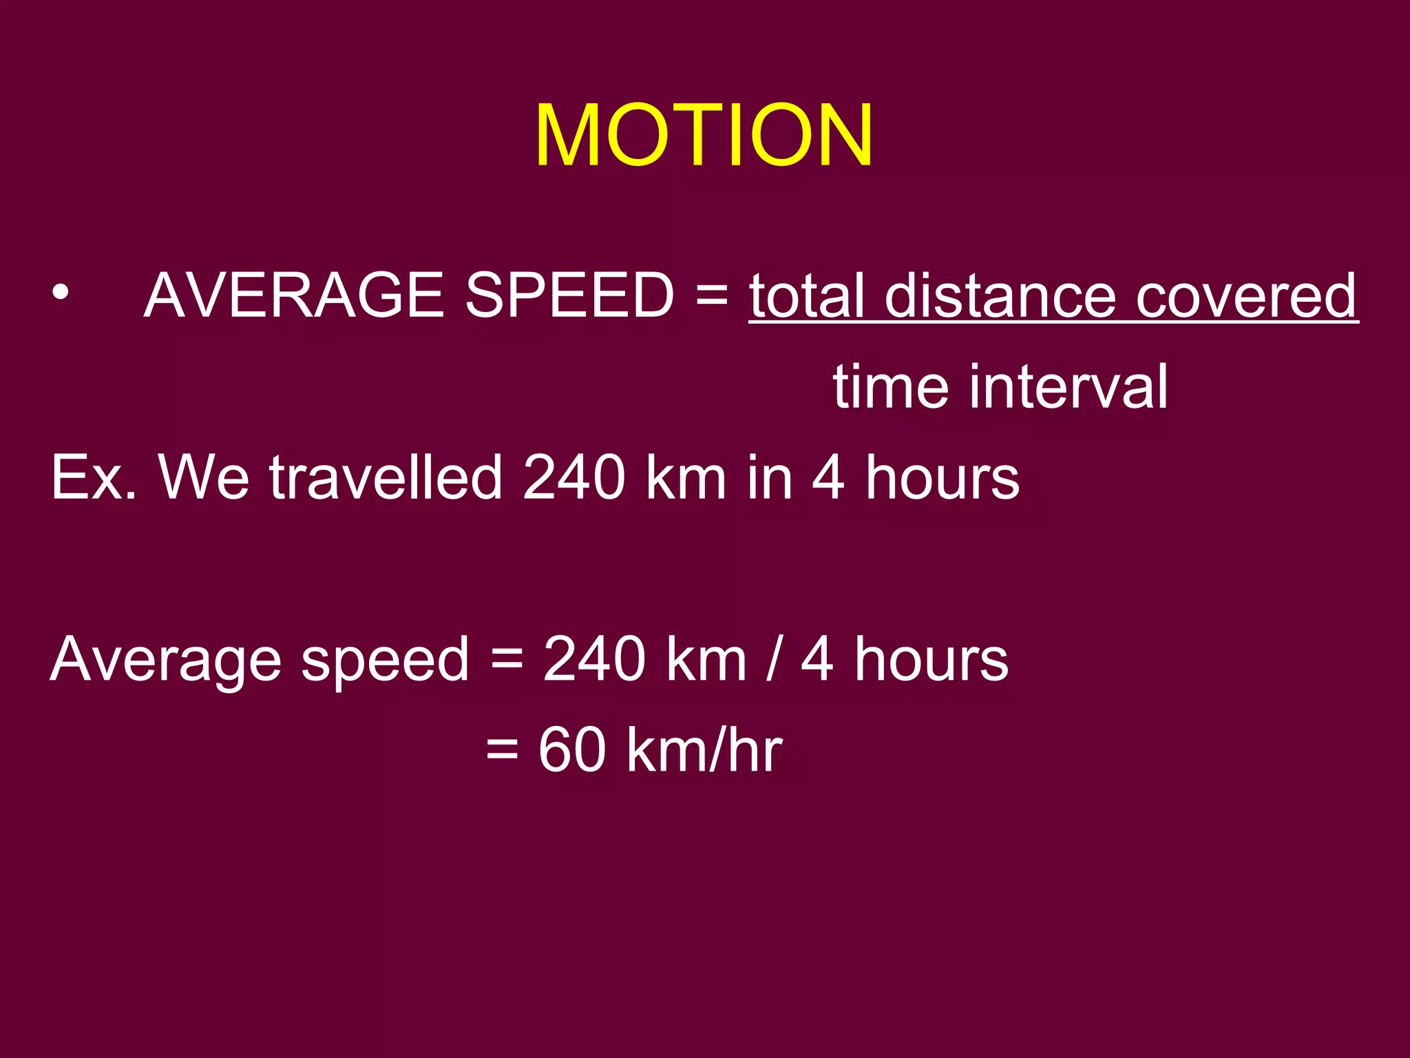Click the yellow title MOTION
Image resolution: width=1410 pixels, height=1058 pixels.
pos(704,135)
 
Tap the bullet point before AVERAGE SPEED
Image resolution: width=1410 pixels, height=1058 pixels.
pos(61,294)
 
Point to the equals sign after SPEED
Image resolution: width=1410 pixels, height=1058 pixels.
pos(711,295)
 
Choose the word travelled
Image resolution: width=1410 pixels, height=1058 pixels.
pos(386,477)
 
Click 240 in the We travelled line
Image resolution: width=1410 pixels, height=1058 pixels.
pos(574,477)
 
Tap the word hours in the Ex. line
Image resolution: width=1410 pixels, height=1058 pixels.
pos(942,477)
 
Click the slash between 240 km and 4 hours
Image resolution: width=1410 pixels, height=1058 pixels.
pos(774,660)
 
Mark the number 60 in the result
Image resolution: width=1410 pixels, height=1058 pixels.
pos(572,750)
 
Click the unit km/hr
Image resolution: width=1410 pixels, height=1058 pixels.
pos(704,750)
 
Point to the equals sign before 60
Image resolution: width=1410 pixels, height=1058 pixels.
pos(502,751)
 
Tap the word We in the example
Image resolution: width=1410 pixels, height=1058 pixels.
pos(204,477)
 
